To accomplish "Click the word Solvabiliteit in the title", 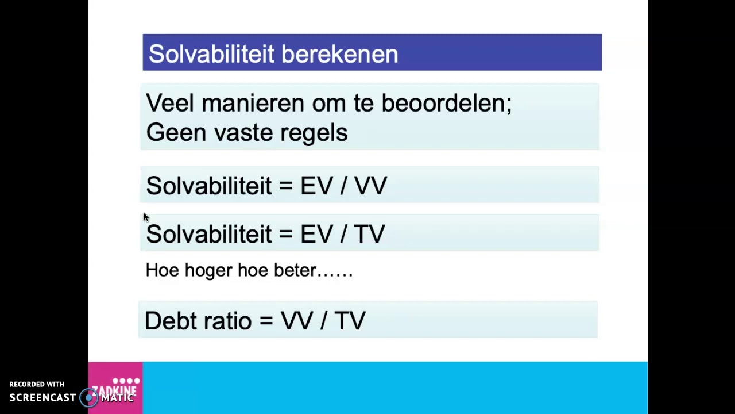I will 210,54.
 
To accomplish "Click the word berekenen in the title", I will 339,54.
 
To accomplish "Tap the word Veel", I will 170,103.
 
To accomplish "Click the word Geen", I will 176,133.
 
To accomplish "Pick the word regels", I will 314,133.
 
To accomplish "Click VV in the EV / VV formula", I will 370,186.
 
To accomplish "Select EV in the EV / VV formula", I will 316,186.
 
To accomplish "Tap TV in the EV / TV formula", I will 369,234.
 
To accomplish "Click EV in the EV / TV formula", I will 316,234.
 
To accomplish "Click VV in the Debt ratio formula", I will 296,321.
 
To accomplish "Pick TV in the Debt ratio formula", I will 349,321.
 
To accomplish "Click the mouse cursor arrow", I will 146,217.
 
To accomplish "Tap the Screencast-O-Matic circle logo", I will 88,397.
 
